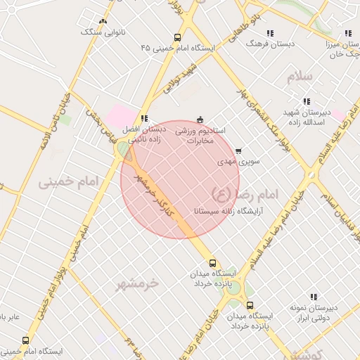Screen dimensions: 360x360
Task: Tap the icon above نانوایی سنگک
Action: (103, 21)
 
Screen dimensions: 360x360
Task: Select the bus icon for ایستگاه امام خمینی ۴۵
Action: (177, 38)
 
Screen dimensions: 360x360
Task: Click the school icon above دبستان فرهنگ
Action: (270, 33)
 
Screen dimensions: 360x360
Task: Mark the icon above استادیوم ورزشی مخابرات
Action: (200, 120)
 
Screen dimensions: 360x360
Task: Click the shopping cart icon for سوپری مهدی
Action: (238, 150)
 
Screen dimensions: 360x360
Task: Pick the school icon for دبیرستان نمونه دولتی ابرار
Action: (314, 297)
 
